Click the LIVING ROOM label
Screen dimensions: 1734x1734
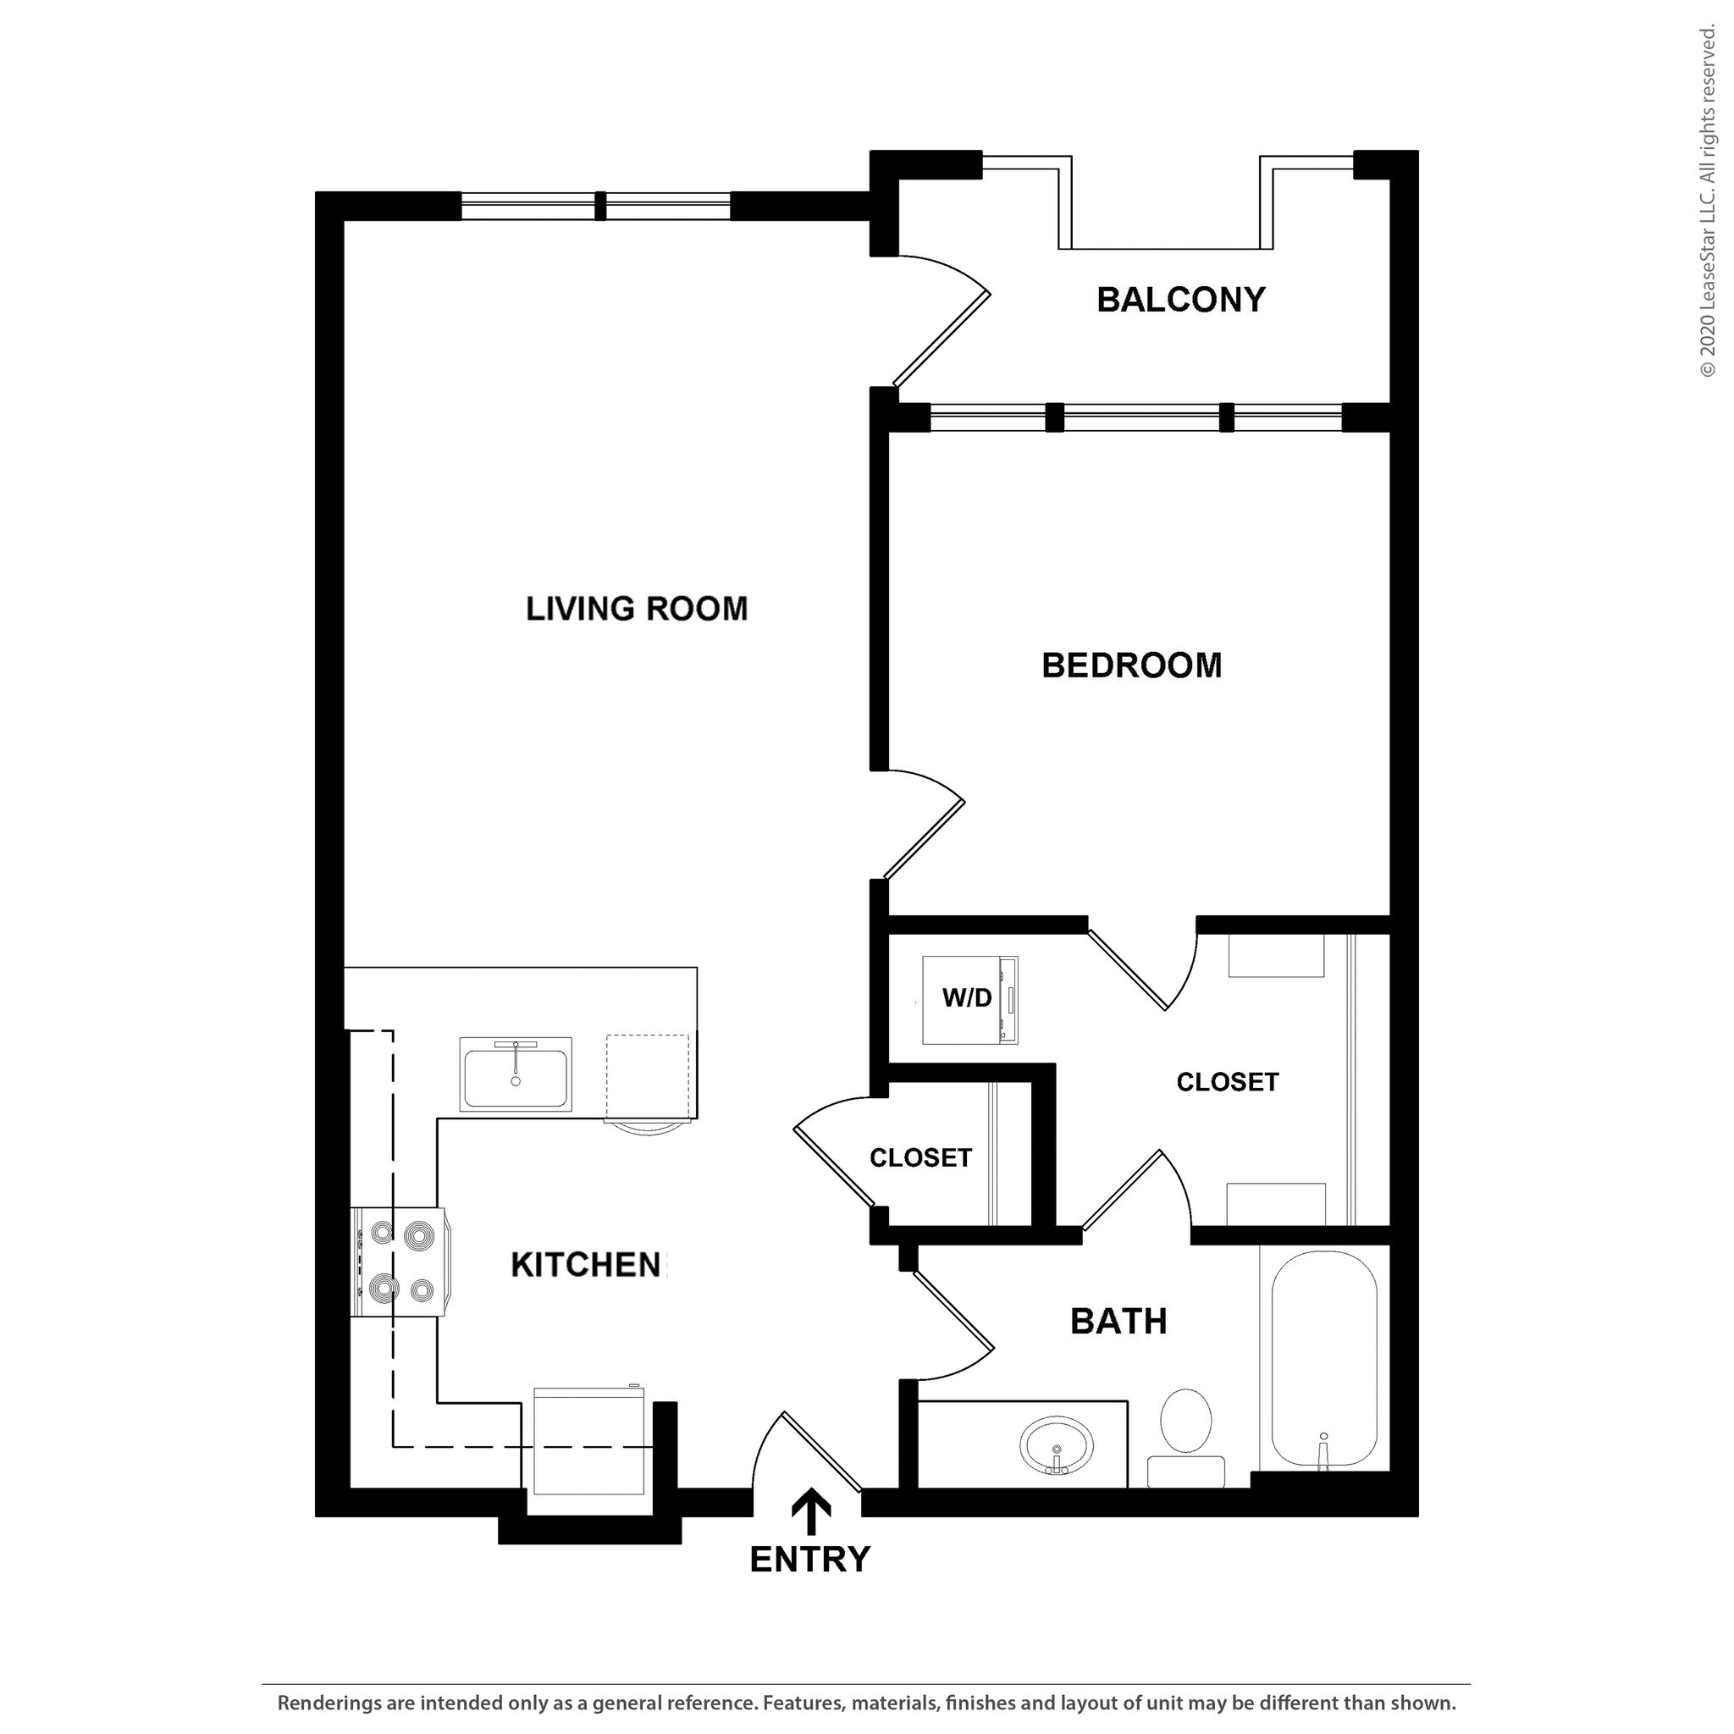[637, 610]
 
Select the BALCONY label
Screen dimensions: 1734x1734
[1180, 299]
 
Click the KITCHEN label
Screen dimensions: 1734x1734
[586, 1265]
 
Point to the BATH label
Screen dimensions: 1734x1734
[1118, 1321]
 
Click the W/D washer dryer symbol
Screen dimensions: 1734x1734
[969, 999]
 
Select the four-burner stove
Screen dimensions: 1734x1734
[400, 1262]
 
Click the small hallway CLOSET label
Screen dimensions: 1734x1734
[920, 1157]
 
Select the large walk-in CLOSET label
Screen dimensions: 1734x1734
[1227, 1081]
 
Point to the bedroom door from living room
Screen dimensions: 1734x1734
[925, 824]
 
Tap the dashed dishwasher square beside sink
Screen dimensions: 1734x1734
[647, 1077]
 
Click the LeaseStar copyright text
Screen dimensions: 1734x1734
[1707, 202]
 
